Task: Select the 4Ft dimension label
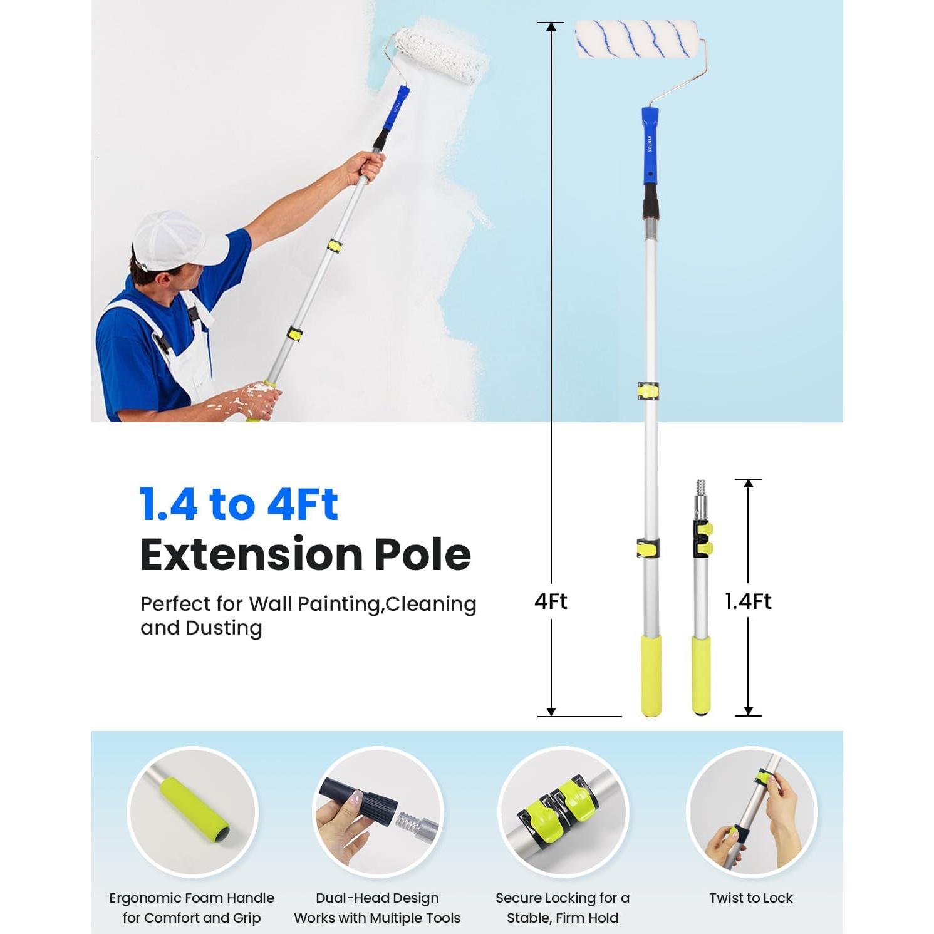click(551, 601)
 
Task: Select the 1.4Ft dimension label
click(748, 601)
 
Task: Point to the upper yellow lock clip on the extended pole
click(648, 390)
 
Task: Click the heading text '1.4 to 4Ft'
click(239, 505)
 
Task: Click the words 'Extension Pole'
click(305, 555)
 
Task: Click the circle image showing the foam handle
click(192, 812)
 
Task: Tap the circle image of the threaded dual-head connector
click(378, 812)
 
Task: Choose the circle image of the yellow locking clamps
click(563, 812)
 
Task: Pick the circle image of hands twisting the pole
click(751, 812)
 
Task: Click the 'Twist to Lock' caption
click(750, 898)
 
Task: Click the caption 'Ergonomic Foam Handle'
click(192, 898)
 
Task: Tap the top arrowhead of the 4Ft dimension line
click(551, 26)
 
